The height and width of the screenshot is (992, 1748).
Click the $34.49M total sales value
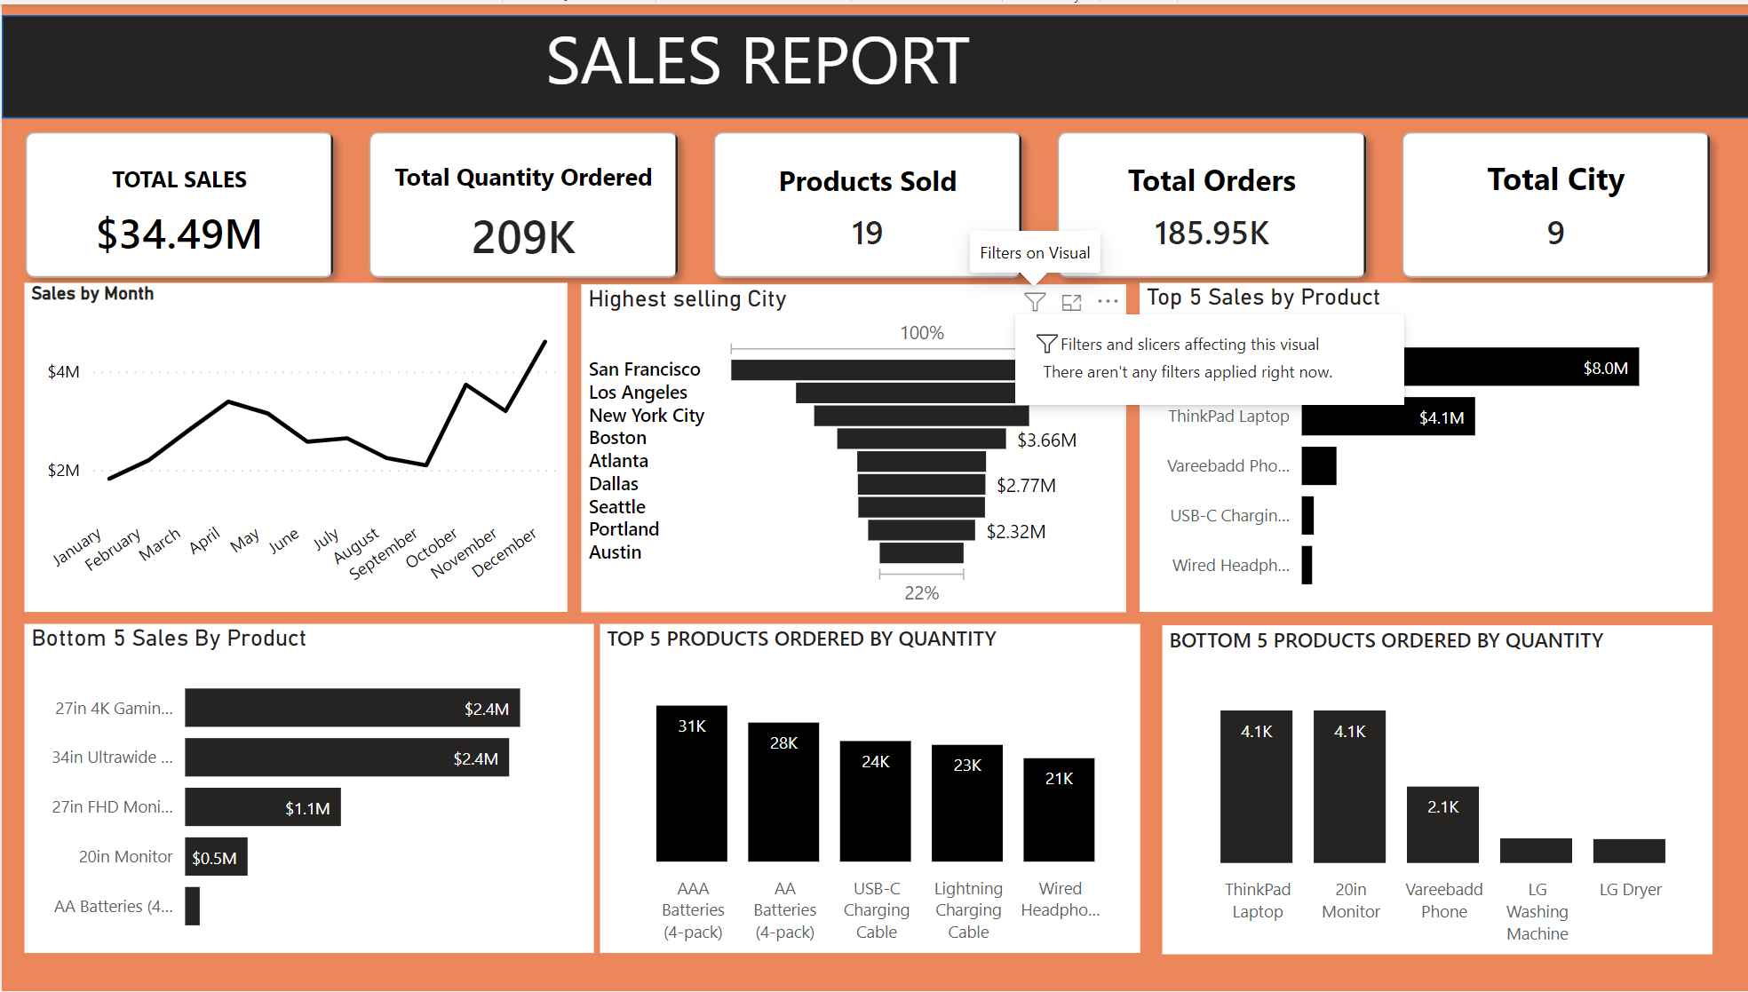(x=179, y=234)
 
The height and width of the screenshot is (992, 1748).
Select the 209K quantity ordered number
(x=523, y=237)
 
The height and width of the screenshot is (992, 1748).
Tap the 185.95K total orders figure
(x=1211, y=234)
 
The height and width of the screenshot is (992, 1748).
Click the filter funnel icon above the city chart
(x=1035, y=302)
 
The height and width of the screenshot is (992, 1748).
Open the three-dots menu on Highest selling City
(x=1108, y=302)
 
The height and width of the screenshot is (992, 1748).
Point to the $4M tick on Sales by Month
(x=64, y=371)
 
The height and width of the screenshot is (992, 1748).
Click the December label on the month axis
(x=504, y=552)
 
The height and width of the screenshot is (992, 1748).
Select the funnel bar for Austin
(x=921, y=552)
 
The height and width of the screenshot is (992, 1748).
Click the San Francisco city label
(x=644, y=369)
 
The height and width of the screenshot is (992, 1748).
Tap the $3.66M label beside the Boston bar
(x=1046, y=440)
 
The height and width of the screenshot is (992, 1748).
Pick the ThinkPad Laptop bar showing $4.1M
(x=1387, y=417)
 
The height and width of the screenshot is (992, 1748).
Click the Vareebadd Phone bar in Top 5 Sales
(x=1319, y=466)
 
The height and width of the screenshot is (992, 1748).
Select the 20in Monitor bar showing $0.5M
(x=216, y=857)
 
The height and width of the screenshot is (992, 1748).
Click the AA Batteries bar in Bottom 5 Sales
(x=192, y=906)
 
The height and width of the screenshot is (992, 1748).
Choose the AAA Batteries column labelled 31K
(x=691, y=783)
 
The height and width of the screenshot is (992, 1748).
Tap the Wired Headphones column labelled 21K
(x=1059, y=809)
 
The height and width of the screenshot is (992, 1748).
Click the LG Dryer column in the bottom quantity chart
(x=1629, y=851)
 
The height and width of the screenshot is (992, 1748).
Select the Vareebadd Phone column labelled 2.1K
(x=1442, y=824)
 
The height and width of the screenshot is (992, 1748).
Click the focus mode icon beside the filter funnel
(x=1072, y=302)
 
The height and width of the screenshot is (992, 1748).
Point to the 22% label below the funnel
(x=921, y=593)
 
